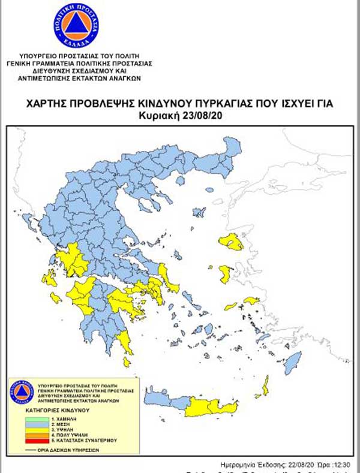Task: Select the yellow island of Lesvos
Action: pyautogui.click(x=231, y=242)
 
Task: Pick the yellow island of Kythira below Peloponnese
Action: pyautogui.click(x=127, y=362)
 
